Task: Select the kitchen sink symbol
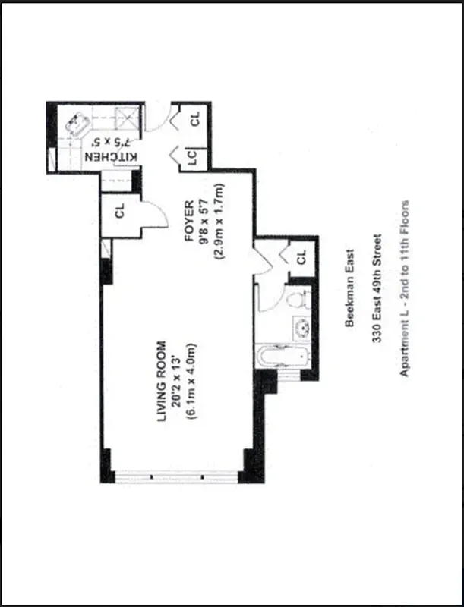point(77,122)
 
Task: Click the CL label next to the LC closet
point(195,119)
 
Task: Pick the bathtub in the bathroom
point(283,360)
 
